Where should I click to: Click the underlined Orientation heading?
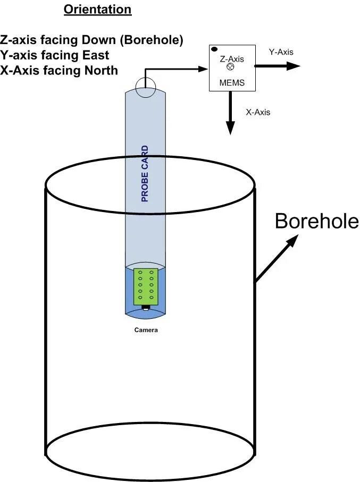97,10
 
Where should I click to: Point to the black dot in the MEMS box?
214,49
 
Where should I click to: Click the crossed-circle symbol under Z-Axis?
230,67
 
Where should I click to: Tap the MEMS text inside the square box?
231,83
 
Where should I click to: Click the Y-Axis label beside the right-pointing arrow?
281,52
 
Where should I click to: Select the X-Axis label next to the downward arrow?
258,112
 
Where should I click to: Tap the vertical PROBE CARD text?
145,174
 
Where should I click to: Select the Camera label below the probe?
145,330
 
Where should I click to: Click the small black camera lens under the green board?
145,308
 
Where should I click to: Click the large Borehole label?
317,221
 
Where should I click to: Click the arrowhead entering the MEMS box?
203,69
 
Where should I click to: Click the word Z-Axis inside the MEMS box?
232,60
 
